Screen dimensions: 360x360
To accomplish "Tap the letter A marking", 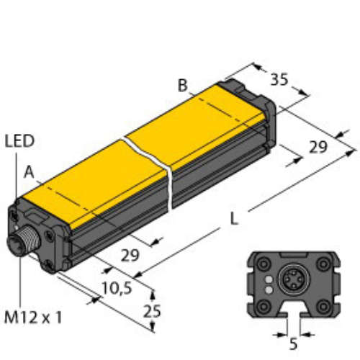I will [28, 171].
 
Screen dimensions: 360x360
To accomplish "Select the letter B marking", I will [183, 86].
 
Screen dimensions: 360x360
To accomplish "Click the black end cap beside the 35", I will [256, 101].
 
